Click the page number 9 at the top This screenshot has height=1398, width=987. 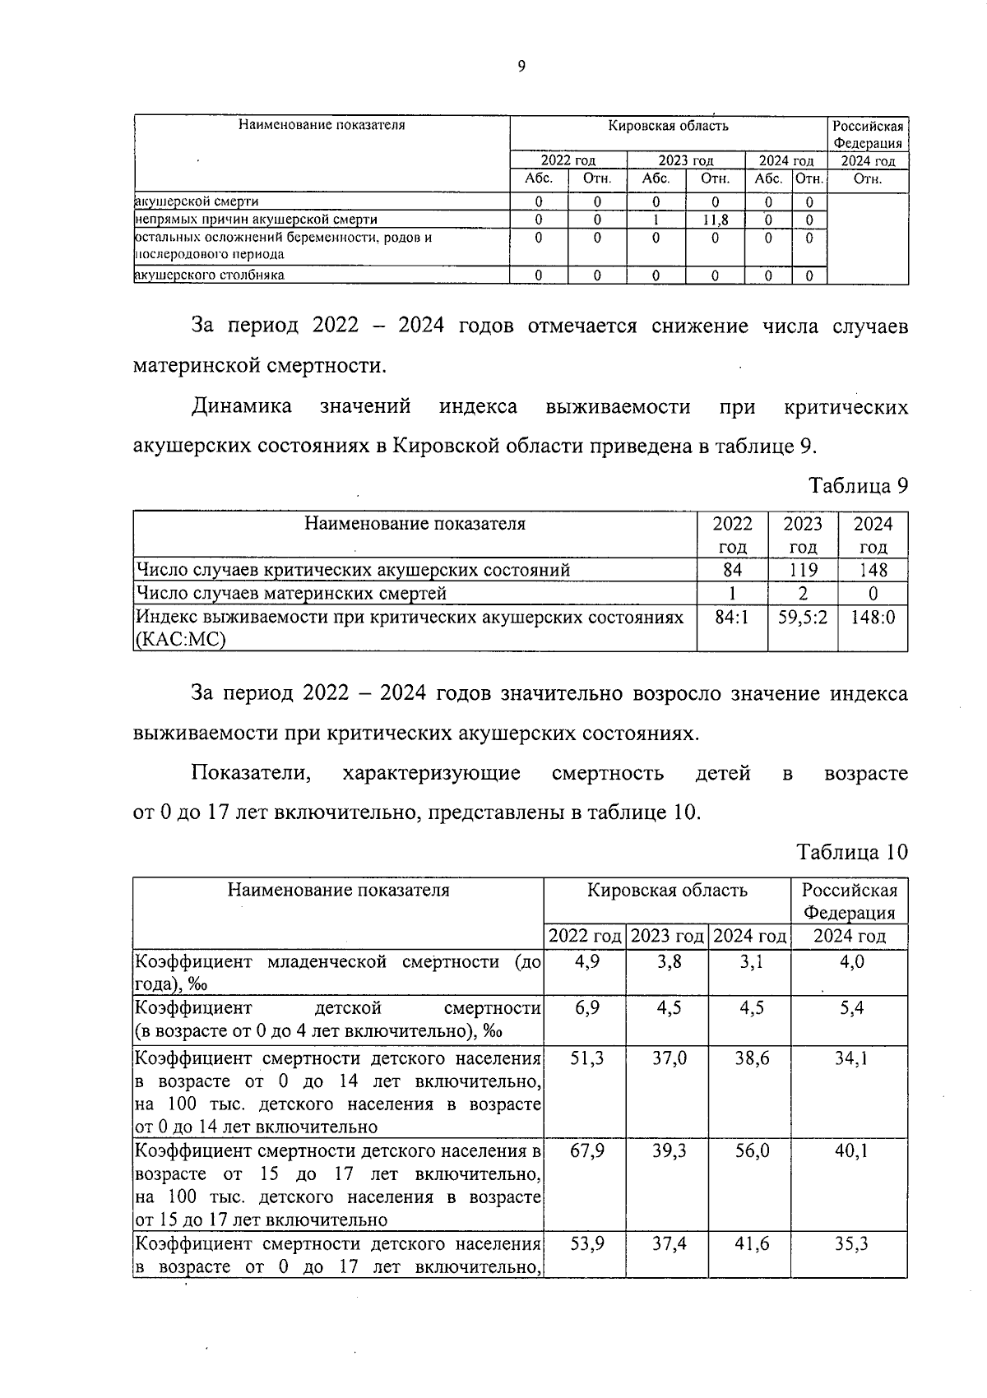pyautogui.click(x=521, y=67)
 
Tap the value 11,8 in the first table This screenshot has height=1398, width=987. pyautogui.click(x=715, y=220)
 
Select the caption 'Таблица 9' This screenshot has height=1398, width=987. pyautogui.click(x=859, y=485)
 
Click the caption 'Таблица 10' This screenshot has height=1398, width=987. pyautogui.click(x=853, y=852)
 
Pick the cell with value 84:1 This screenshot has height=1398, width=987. pyautogui.click(x=732, y=617)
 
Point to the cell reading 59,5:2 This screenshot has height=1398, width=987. pyautogui.click(x=803, y=617)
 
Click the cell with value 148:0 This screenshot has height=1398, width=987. pyautogui.click(x=873, y=617)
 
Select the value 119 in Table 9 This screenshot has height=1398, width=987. pyautogui.click(x=803, y=570)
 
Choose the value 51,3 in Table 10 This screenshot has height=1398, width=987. pyautogui.click(x=586, y=1058)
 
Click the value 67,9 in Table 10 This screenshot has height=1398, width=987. pyautogui.click(x=586, y=1150)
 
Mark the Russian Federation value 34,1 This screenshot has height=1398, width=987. pyautogui.click(x=850, y=1058)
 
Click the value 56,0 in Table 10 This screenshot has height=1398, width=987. pyautogui.click(x=752, y=1150)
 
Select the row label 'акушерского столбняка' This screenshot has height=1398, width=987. pyautogui.click(x=210, y=275)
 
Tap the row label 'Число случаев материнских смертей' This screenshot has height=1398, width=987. pyautogui.click(x=292, y=593)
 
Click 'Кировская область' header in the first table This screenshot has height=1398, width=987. pyautogui.click(x=668, y=126)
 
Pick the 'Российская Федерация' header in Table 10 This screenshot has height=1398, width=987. pyautogui.click(x=850, y=901)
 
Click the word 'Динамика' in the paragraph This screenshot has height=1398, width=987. pyautogui.click(x=242, y=406)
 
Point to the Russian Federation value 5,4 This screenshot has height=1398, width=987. pyautogui.click(x=850, y=1008)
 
